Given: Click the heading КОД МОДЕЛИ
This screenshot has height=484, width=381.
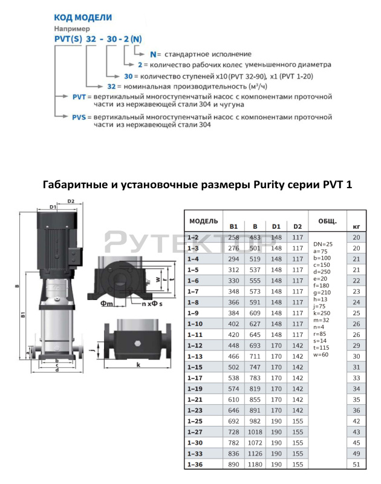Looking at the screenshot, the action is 83,18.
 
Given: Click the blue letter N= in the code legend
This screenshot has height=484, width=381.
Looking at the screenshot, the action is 155,54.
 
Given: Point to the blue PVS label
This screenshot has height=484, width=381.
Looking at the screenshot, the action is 79,117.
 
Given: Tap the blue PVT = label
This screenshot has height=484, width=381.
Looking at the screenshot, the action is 82,97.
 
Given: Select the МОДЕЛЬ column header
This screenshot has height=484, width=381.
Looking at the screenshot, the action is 204,221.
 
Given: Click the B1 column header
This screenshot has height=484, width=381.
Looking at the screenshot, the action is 233,226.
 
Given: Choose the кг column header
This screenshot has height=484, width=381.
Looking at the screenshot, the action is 356,227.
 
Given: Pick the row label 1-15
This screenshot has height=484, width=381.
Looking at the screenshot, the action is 195,367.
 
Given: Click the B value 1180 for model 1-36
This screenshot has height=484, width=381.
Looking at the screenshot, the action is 255,465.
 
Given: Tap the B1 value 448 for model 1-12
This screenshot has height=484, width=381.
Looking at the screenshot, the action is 233,345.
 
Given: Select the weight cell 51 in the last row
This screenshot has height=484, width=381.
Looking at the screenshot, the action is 356,465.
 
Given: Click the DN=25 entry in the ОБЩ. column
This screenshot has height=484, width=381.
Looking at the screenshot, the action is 323,244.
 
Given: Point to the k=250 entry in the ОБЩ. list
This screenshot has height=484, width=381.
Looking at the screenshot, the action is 322,313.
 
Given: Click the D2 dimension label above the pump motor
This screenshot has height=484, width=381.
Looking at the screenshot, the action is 71,201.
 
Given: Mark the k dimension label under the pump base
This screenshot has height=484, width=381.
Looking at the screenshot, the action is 138,365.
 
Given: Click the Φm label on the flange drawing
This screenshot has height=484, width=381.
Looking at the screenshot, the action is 107,304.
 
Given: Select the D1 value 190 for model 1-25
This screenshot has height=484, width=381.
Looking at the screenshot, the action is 276,421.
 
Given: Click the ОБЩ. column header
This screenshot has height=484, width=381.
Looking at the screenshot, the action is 327,221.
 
